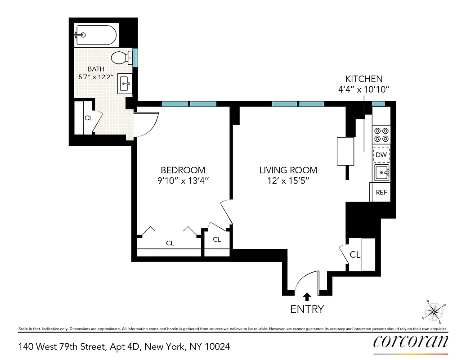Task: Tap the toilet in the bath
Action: (x=121, y=58)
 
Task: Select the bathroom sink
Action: (x=125, y=84)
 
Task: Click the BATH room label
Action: (x=96, y=69)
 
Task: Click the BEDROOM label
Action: (x=183, y=170)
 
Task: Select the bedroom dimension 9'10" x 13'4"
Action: (x=183, y=180)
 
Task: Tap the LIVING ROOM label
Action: (x=288, y=170)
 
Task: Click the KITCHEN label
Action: (x=363, y=79)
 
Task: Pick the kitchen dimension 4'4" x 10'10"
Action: (x=363, y=89)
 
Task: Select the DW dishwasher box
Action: (x=381, y=155)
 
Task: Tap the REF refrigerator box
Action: (x=381, y=192)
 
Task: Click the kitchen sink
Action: (x=381, y=172)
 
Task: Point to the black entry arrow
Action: (x=307, y=296)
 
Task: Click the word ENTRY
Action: (x=307, y=309)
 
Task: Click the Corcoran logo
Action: (x=410, y=342)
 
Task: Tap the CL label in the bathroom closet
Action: (x=88, y=118)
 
